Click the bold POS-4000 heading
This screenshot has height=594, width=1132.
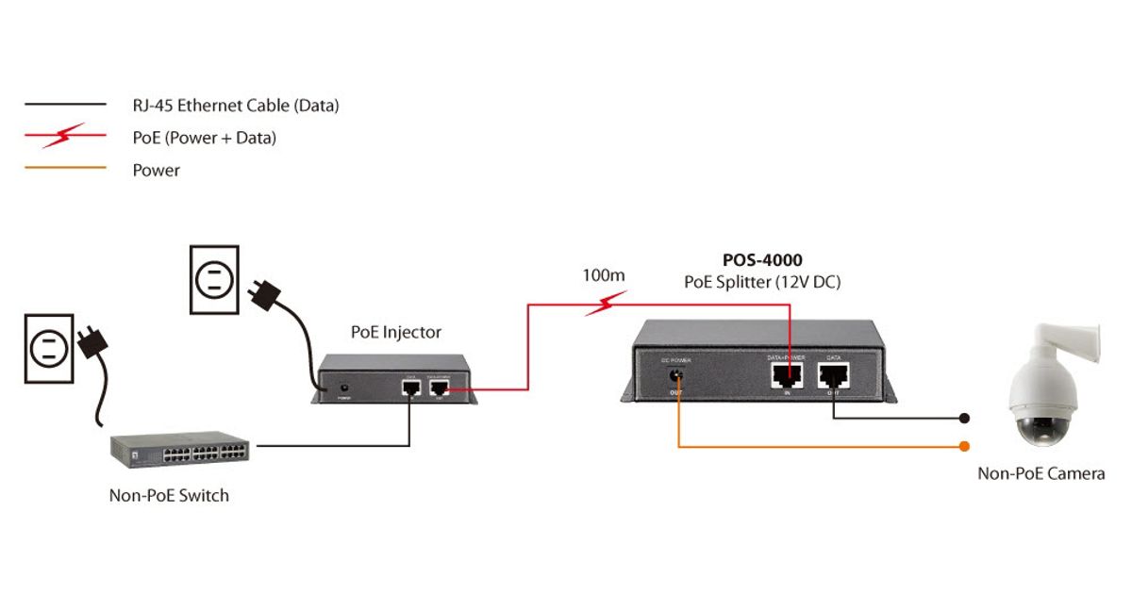click(762, 260)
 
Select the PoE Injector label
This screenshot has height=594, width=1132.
click(395, 332)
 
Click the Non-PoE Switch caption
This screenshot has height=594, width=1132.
click(169, 495)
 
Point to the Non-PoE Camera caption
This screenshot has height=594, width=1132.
click(1040, 473)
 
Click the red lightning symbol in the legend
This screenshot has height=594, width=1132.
click(65, 138)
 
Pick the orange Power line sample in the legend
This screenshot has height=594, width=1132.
click(65, 171)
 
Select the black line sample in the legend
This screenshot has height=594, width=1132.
click(65, 105)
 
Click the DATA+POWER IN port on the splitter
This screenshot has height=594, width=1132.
click(786, 376)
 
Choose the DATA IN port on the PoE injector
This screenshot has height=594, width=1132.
click(410, 387)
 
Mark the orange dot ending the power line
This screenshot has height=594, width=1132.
click(964, 446)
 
